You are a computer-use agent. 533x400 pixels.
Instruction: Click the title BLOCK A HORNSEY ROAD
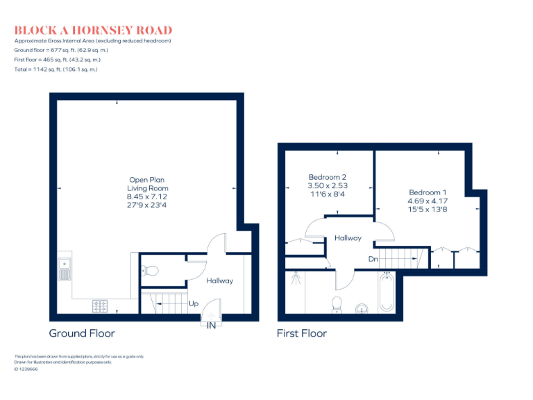pos(93,31)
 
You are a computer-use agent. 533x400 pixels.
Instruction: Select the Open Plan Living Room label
pos(147,184)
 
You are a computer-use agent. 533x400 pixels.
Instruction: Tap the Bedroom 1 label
pos(428,192)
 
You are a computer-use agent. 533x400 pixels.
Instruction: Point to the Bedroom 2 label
pos(328,177)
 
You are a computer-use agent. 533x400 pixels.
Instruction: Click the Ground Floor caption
pos(82,333)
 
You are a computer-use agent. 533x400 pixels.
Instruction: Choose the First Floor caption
pos(301,333)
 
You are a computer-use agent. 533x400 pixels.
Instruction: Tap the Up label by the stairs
pos(194,303)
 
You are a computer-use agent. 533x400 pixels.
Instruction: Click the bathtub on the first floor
pos(387,292)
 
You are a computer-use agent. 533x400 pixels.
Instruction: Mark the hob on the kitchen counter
pos(99,305)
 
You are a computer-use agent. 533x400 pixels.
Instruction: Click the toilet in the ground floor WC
pos(150,270)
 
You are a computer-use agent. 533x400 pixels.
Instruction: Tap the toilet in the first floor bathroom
pos(337,304)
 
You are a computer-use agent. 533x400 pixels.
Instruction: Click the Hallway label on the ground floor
pos(219,281)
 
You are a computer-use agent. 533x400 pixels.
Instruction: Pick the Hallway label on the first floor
pos(348,238)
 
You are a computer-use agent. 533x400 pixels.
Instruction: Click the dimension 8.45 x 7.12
pos(147,197)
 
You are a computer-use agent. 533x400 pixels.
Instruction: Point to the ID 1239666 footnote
pos(26,369)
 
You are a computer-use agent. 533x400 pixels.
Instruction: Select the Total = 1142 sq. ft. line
pos(56,69)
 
